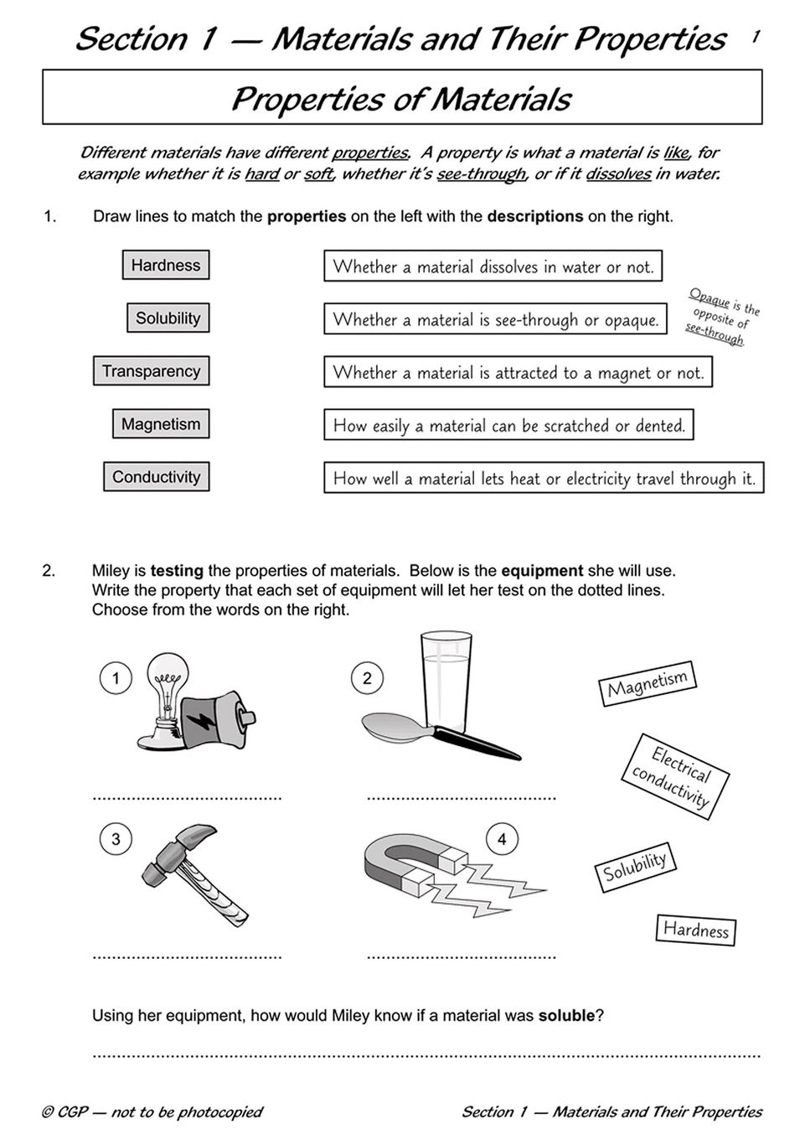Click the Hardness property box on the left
pos(166,265)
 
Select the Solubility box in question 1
pos(168,318)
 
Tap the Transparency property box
pos(151,370)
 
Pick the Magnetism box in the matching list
pos(161,423)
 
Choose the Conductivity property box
pos(156,476)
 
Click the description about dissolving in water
pos(493,267)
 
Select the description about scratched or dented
pos(508,425)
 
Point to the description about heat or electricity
pos(544,478)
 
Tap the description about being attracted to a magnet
pos(518,372)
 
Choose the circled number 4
pos(502,839)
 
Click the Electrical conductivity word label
pos(675,776)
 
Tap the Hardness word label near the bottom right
pos(695,930)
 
